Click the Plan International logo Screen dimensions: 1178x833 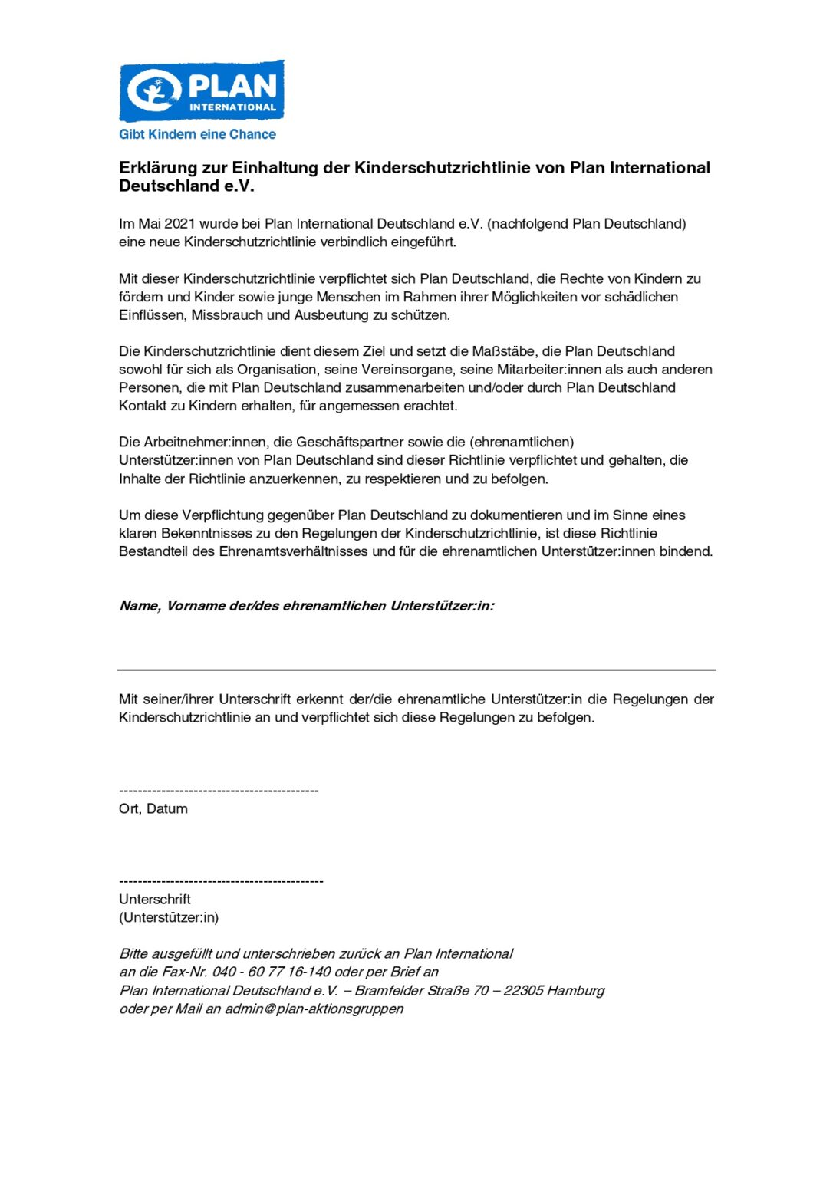pyautogui.click(x=202, y=91)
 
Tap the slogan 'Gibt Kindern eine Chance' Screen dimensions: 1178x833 pyautogui.click(x=197, y=134)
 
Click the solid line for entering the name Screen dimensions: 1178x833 pyautogui.click(x=416, y=670)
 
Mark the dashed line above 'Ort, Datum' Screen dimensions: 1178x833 pyautogui.click(x=219, y=791)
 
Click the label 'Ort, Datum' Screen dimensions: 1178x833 pyautogui.click(x=153, y=809)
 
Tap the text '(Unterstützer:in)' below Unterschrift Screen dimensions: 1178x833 pyautogui.click(x=169, y=918)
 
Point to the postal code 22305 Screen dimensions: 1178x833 pyautogui.click(x=524, y=991)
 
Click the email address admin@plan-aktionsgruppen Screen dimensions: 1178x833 pyautogui.click(x=314, y=1009)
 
